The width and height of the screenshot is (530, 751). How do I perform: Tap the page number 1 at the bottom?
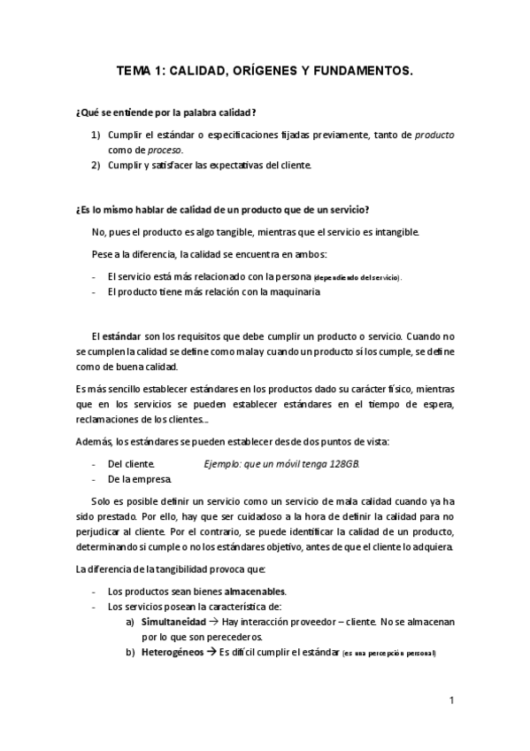click(x=451, y=701)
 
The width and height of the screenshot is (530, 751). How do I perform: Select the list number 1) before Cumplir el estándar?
click(x=96, y=135)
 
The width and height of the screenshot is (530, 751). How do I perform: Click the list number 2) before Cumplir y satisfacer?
click(x=96, y=165)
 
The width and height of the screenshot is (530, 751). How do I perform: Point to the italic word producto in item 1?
click(x=434, y=135)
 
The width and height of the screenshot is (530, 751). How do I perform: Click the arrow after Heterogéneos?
click(x=211, y=653)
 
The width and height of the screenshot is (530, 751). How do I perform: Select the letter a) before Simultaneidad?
click(x=130, y=622)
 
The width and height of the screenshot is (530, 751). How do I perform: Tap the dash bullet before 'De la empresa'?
click(x=95, y=479)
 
